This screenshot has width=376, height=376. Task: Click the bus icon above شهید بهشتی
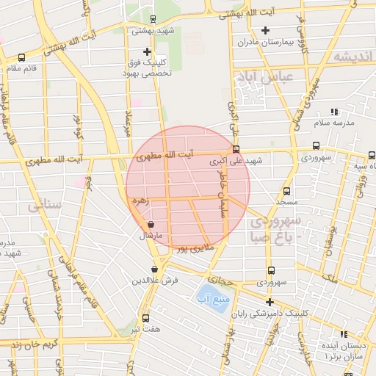(x=152, y=20)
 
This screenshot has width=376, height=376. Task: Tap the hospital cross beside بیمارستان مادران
(x=265, y=30)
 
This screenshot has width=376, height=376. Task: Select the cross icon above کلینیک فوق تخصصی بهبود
(x=148, y=51)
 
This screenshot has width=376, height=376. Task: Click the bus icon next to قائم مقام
(x=21, y=57)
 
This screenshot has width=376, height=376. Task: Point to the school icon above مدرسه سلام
(x=335, y=112)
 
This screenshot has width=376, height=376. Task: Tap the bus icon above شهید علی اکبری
(x=236, y=149)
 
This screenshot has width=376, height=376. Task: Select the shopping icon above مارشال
(x=151, y=225)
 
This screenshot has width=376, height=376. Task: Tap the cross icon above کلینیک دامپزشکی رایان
(x=270, y=302)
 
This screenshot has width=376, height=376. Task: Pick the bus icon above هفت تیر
(x=145, y=318)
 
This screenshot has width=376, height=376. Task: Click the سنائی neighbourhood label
(x=43, y=207)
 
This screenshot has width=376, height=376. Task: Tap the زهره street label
(x=140, y=200)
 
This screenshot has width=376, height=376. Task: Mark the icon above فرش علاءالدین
(x=154, y=270)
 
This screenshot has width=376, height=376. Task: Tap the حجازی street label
(x=220, y=280)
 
